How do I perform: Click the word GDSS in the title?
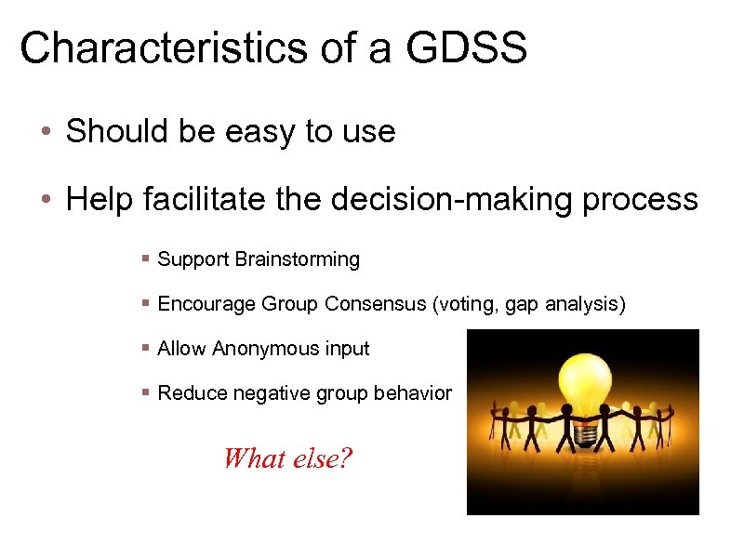pos(466,47)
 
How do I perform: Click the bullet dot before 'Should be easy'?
pos(46,132)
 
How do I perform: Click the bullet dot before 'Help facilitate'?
pos(46,199)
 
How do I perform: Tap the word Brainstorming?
pos(298,259)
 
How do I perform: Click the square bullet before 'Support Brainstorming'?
pos(146,259)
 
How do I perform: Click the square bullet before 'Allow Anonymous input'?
pos(146,349)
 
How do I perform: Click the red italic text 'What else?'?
pos(287,458)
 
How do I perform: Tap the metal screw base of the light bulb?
pos(584,433)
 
